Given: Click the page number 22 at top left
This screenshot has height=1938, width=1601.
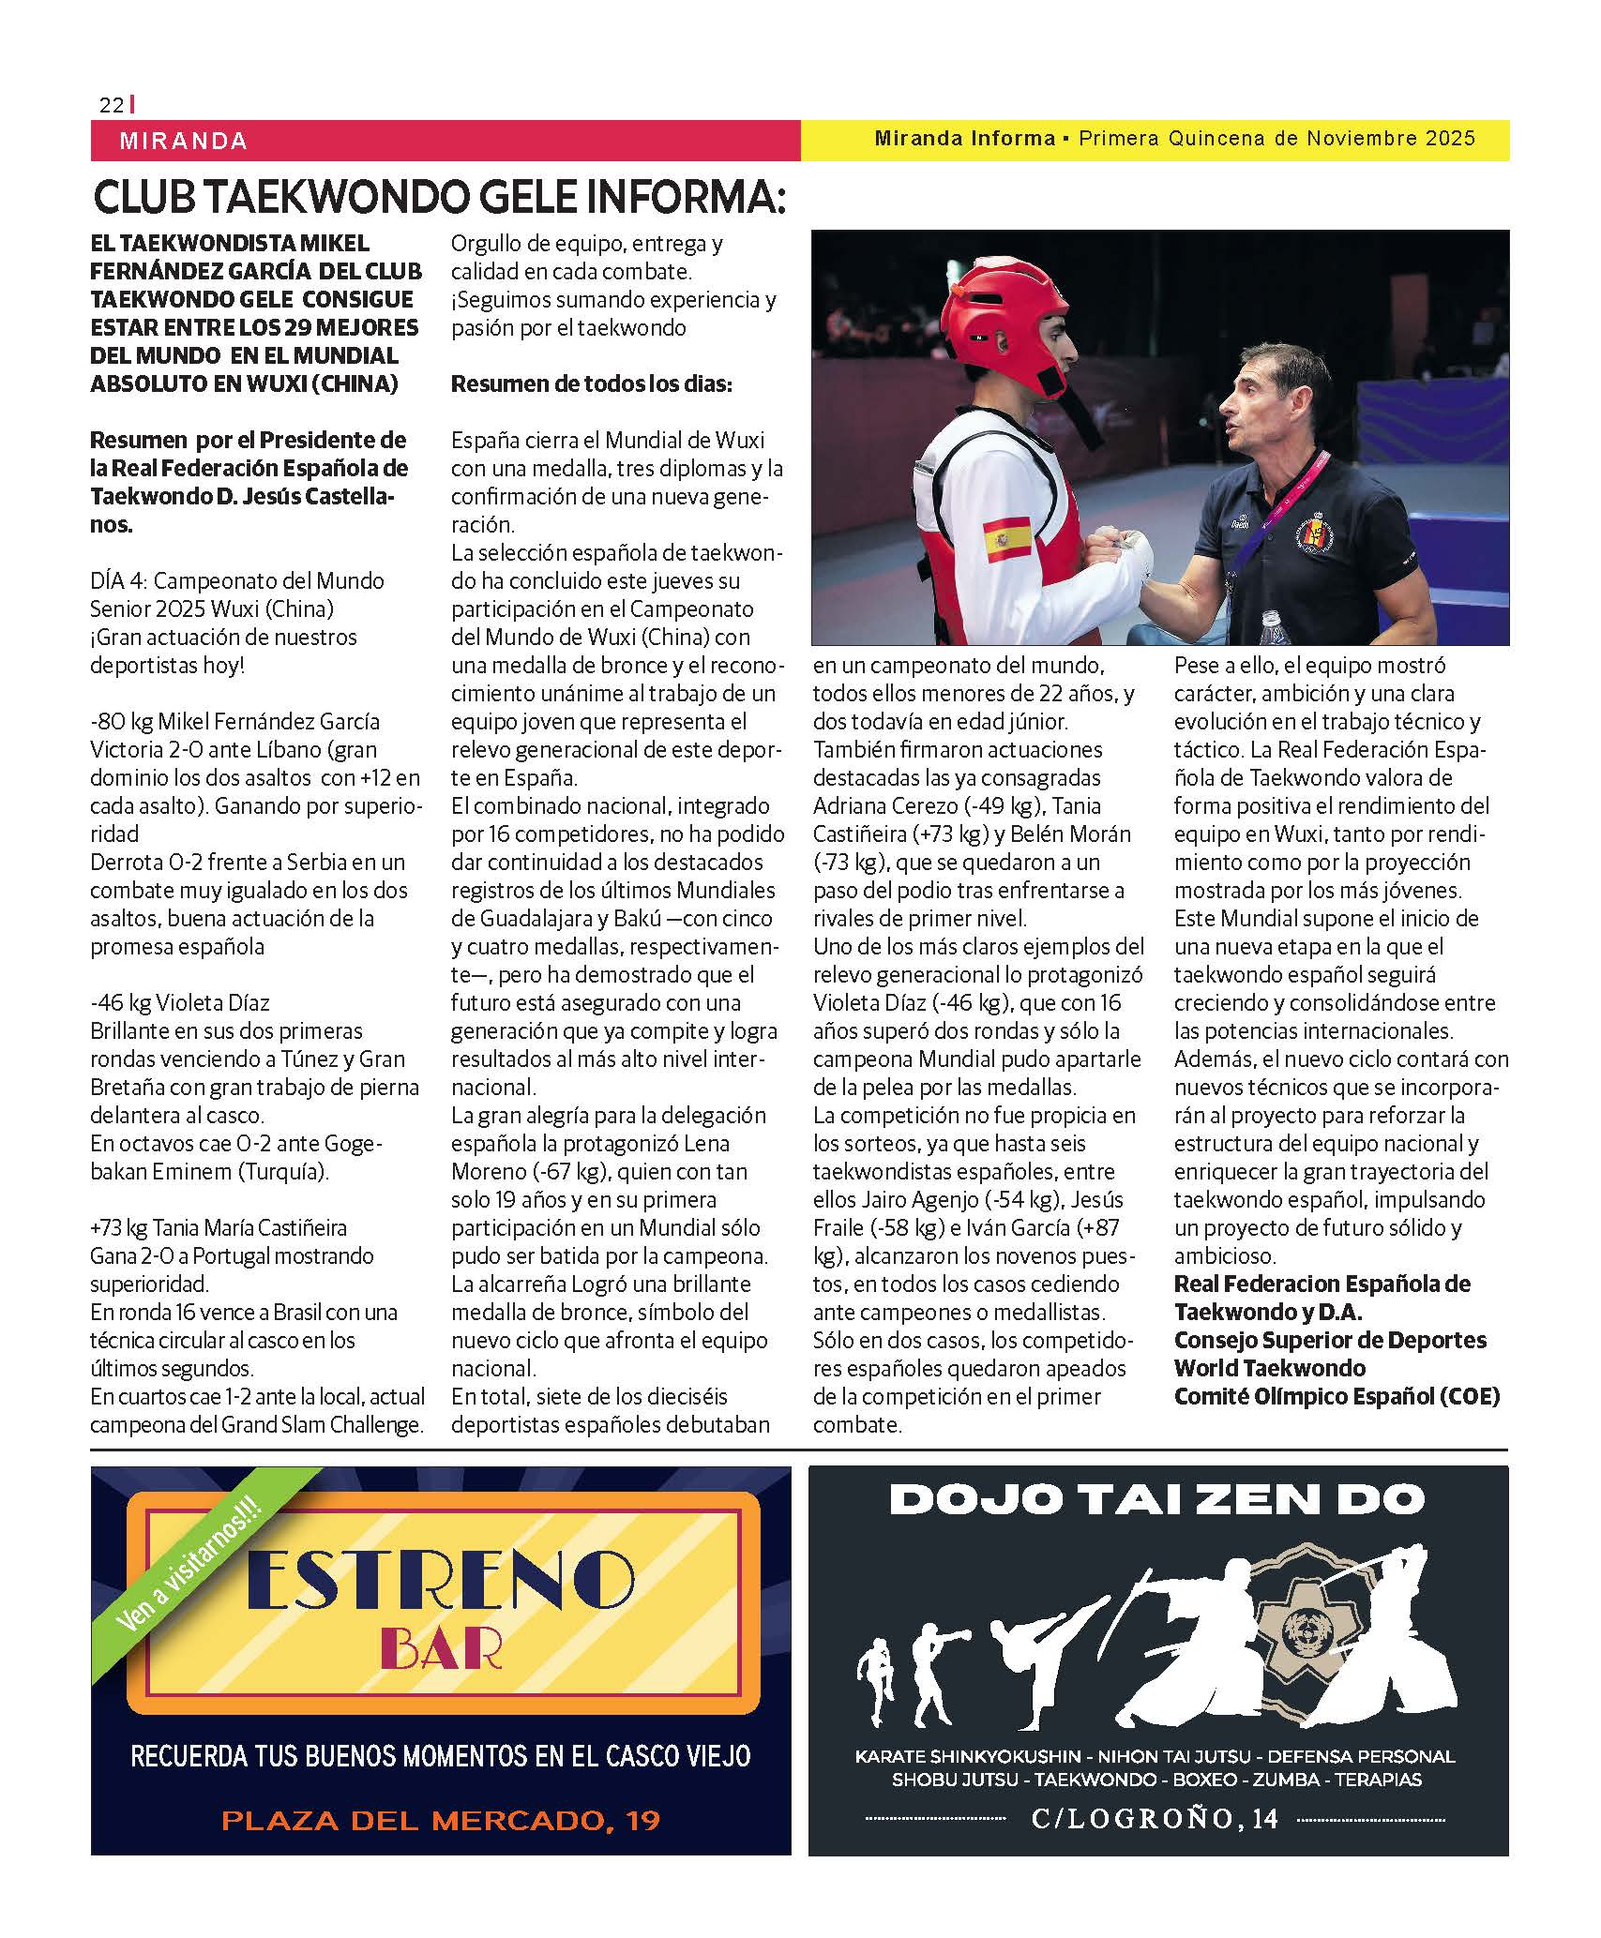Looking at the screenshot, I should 111,105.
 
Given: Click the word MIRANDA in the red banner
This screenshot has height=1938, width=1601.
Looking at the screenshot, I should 184,142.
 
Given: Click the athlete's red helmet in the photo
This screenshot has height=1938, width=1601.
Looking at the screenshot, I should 1004,324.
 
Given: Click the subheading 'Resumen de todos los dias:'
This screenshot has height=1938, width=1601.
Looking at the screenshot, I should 591,384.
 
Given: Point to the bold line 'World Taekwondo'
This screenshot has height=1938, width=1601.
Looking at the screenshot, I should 1269,1368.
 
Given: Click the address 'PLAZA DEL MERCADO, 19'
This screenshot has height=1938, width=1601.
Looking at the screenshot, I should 441,1821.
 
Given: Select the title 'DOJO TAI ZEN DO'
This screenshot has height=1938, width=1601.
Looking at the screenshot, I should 1157,1500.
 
